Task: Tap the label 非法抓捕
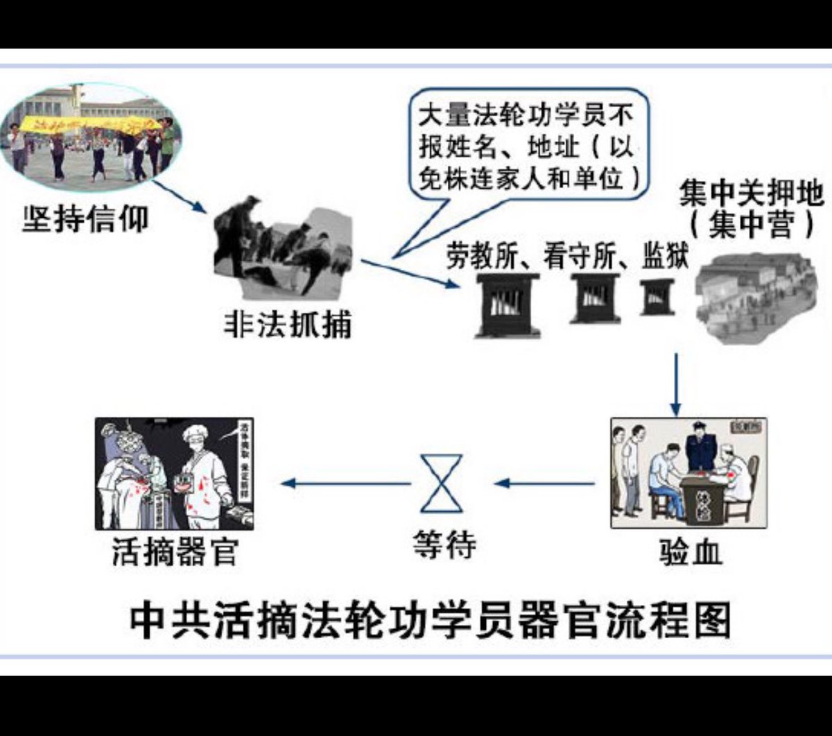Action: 287,323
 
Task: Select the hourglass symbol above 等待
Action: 442,483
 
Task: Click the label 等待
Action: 444,545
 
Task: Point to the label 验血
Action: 691,553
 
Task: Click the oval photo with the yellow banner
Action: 91,136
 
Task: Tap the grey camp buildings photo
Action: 756,298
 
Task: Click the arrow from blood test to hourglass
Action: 545,483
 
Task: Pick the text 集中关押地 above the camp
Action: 751,194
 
